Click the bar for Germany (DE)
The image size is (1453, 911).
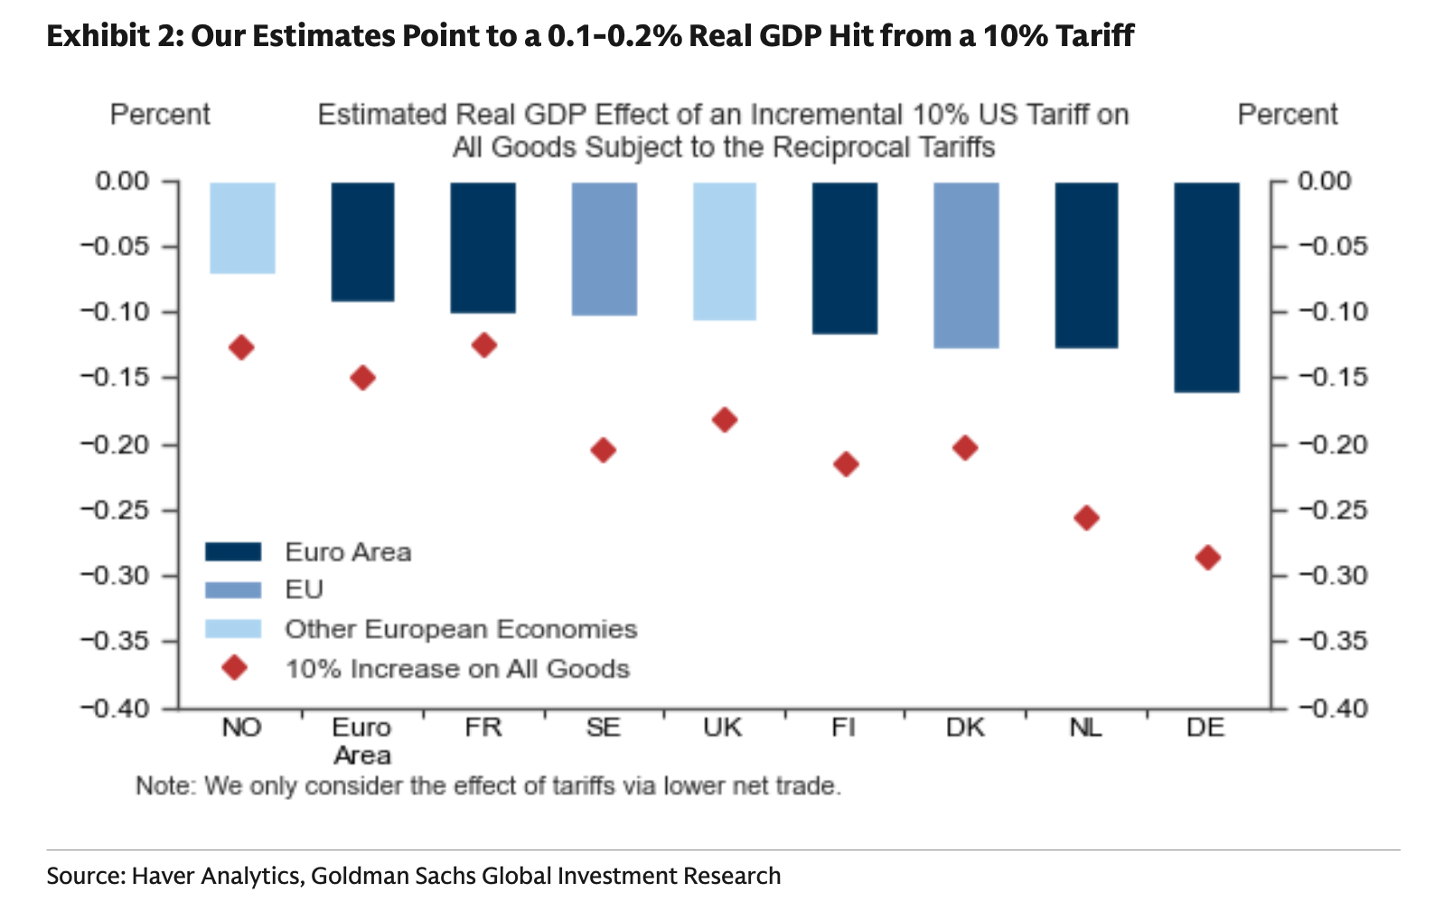[x=1206, y=287]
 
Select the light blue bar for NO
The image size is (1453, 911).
[x=242, y=228]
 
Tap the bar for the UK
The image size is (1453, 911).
[x=725, y=251]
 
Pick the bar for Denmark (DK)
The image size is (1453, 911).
[x=966, y=265]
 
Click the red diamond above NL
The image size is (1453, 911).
[x=1086, y=518]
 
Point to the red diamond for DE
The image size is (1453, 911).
[x=1207, y=558]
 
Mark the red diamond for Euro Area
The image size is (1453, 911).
[x=362, y=378]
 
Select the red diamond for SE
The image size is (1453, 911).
[x=604, y=450]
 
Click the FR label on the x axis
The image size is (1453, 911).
[x=483, y=728]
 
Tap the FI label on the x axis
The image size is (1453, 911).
[x=844, y=728]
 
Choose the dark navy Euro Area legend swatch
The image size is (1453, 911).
[x=233, y=552]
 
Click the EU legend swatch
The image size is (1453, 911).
[x=233, y=590]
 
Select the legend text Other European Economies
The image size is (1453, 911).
[x=461, y=629]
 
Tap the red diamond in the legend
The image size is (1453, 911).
[x=235, y=668]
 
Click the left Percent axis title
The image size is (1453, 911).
[x=160, y=115]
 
